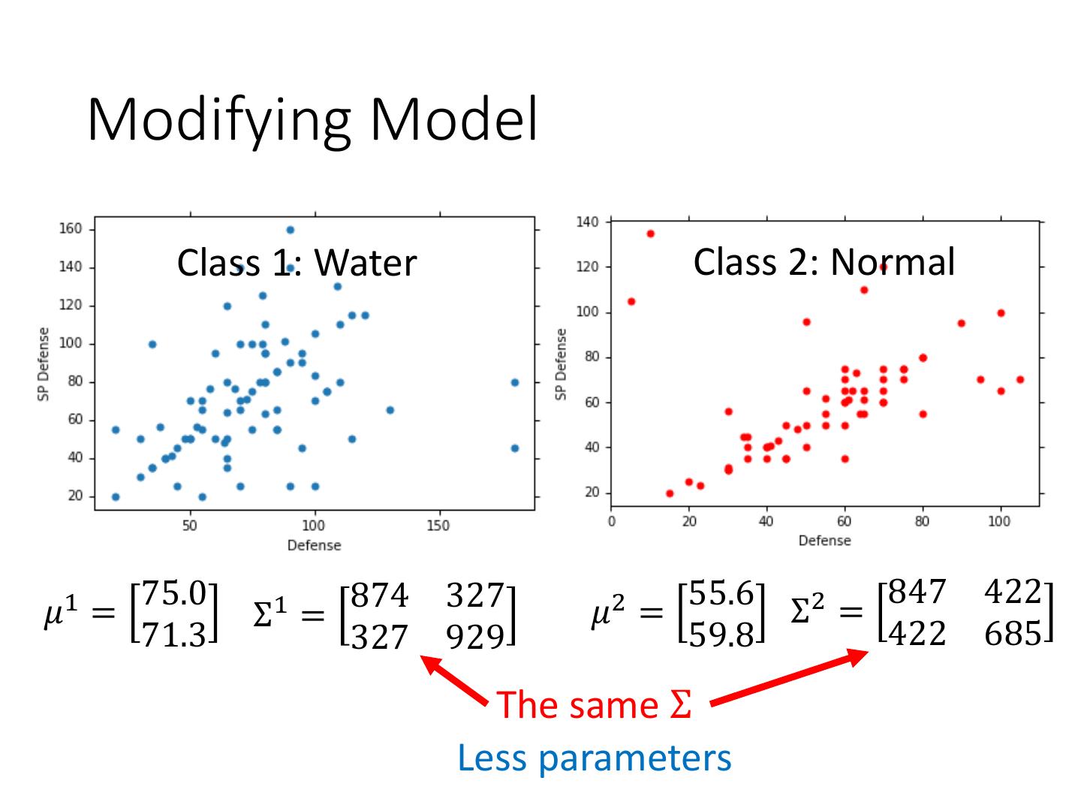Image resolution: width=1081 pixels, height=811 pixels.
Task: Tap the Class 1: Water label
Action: click(297, 263)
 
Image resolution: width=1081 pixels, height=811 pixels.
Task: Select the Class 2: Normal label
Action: click(824, 261)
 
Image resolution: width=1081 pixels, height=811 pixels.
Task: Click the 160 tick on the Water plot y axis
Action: click(71, 230)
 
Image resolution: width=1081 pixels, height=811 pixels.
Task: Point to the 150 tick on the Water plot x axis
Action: click(438, 526)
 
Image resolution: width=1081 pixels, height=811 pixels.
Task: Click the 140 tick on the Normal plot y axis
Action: click(588, 222)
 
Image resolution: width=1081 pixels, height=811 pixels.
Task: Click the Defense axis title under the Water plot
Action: click(314, 545)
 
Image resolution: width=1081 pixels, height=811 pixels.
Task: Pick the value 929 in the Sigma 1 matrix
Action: click(474, 637)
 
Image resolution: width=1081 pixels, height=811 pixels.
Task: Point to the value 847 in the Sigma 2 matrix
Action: click(916, 592)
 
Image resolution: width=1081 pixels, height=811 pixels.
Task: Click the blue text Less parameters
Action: click(594, 758)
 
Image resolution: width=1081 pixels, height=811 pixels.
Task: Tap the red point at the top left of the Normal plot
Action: click(650, 234)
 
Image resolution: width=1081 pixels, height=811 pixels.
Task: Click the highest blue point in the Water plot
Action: click(290, 230)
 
